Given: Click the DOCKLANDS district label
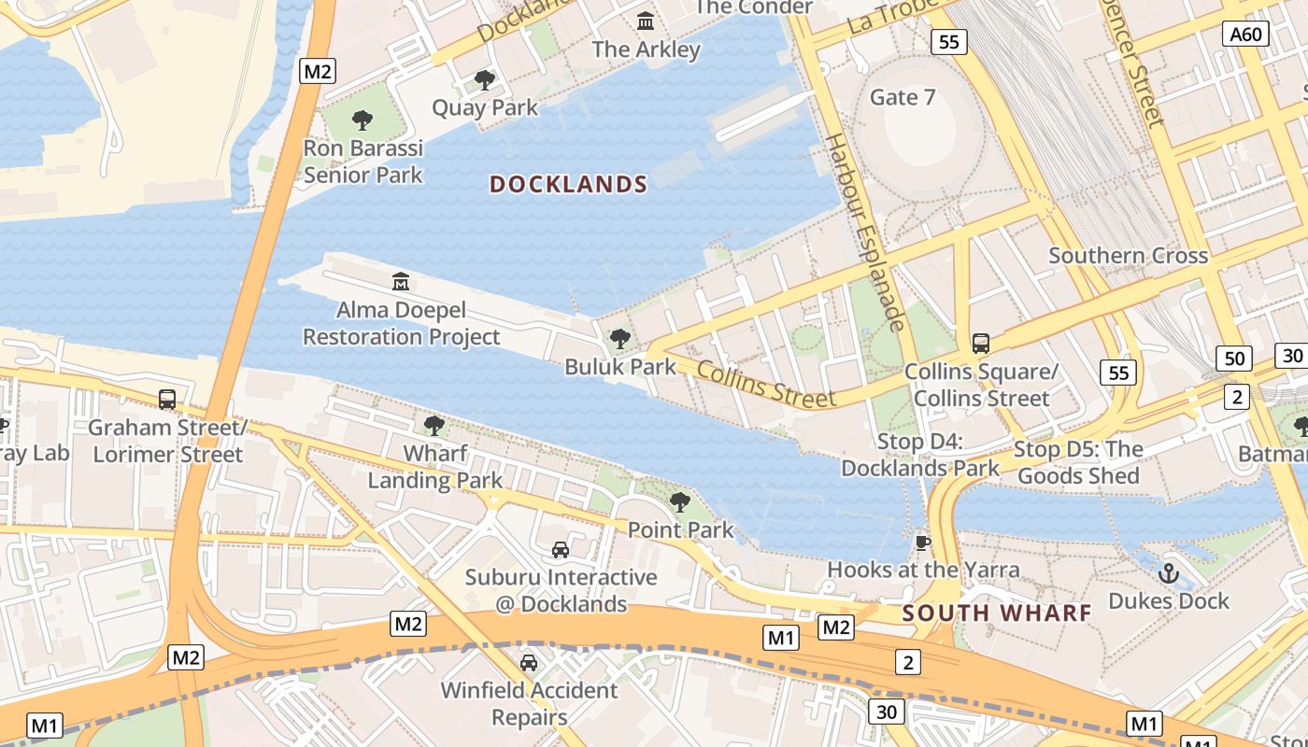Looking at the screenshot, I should [x=568, y=184].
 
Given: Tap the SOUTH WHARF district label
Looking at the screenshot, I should [x=997, y=613].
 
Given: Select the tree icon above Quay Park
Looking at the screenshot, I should [x=484, y=80].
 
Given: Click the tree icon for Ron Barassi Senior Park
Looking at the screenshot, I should [x=363, y=120].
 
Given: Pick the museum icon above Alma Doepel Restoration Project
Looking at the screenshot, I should [x=401, y=280].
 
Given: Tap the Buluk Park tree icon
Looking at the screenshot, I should [x=619, y=339].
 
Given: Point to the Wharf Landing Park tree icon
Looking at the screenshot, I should [x=434, y=426].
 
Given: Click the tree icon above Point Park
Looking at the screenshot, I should [x=680, y=502].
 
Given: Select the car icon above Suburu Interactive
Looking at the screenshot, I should [x=561, y=550].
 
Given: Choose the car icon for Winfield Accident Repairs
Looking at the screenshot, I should [x=529, y=663].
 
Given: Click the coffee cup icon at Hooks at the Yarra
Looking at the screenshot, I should [x=923, y=543].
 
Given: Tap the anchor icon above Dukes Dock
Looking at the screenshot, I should [x=1168, y=572].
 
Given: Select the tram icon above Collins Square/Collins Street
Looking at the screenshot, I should [x=981, y=343].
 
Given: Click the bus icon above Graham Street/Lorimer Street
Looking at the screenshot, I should [x=167, y=400].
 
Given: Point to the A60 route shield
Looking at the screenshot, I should [x=1245, y=35].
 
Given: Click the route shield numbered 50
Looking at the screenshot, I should [x=1234, y=358].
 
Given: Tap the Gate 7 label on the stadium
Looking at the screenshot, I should [x=902, y=97].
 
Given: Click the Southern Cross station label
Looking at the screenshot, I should [x=1128, y=255].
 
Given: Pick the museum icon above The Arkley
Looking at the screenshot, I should [x=646, y=21].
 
